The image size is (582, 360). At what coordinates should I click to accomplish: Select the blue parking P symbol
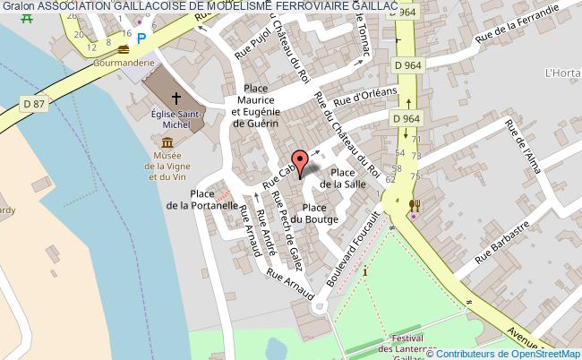[x=141, y=39]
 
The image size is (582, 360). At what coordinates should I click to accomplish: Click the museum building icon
[x=167, y=143]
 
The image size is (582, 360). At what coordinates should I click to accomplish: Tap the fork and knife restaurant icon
[x=415, y=205]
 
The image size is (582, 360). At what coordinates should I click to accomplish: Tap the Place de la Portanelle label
[x=201, y=199]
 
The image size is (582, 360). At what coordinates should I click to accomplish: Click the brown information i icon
[x=365, y=271]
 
